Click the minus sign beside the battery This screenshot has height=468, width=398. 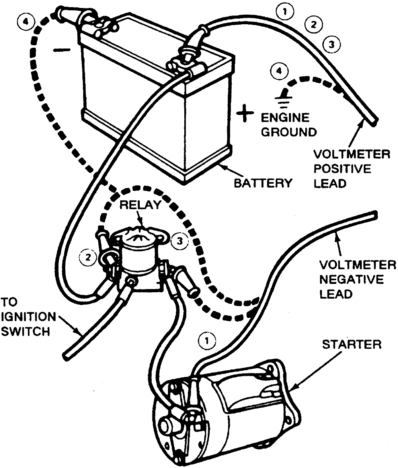click(x=62, y=50)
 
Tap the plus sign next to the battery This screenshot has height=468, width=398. click(x=245, y=113)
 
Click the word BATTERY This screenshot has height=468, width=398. click(x=263, y=183)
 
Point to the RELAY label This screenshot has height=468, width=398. click(x=140, y=205)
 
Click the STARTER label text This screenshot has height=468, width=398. click(x=352, y=344)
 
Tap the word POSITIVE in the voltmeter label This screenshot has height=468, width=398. click(x=342, y=169)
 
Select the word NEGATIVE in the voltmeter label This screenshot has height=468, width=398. click(x=351, y=280)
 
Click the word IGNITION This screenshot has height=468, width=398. click(x=28, y=317)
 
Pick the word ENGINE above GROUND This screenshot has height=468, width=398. click(x=285, y=118)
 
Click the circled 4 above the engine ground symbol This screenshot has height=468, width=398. click(x=279, y=71)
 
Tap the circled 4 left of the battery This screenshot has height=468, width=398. click(x=27, y=22)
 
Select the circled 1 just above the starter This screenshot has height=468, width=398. click(x=207, y=340)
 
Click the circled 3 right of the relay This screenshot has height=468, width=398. click(x=179, y=241)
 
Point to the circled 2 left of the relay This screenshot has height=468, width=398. click(x=88, y=257)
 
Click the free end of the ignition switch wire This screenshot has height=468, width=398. click(x=67, y=356)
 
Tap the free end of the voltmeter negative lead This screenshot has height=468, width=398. click(x=375, y=215)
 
